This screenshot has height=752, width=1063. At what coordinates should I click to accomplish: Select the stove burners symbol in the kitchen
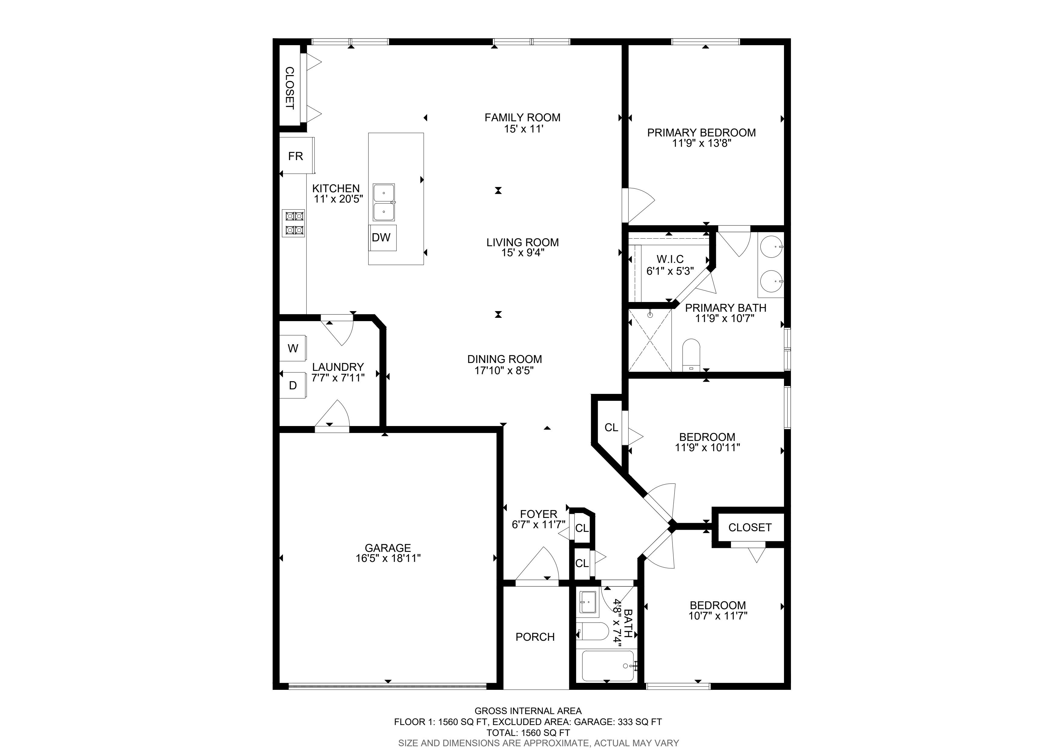click(294, 223)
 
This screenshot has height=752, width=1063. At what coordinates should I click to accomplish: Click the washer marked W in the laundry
click(293, 348)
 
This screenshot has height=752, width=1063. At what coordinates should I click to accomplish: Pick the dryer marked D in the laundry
click(293, 385)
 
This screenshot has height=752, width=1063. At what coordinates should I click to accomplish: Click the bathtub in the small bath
click(608, 666)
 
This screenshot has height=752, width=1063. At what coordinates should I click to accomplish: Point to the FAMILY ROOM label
click(522, 118)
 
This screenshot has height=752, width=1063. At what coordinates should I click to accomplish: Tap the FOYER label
click(538, 514)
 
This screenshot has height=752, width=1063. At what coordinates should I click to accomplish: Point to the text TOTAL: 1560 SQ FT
click(528, 733)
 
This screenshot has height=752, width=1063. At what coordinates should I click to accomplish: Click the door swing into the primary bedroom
click(642, 205)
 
